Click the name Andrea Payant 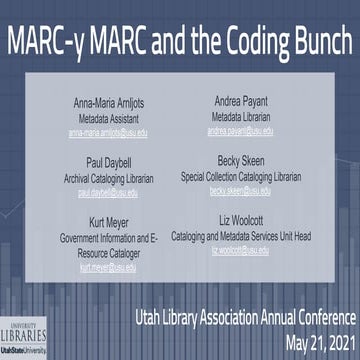coord(250,101)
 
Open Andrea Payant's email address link coord(250,129)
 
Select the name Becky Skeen coord(250,158)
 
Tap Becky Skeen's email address coord(250,186)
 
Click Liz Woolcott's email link coord(250,252)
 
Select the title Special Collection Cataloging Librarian coord(250,172)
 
